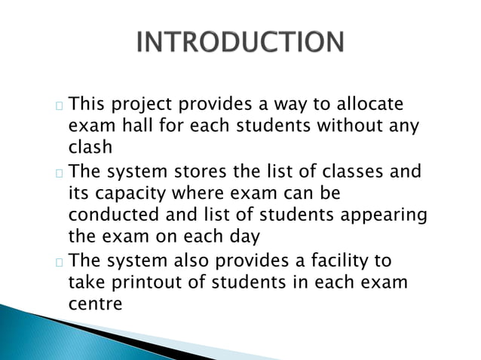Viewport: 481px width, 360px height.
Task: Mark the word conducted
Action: (110, 215)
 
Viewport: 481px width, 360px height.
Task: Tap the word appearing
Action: (384, 215)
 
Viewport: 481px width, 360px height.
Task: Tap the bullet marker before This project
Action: (59, 106)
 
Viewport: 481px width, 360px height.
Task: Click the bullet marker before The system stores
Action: (59, 173)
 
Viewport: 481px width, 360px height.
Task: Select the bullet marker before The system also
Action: (59, 263)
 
